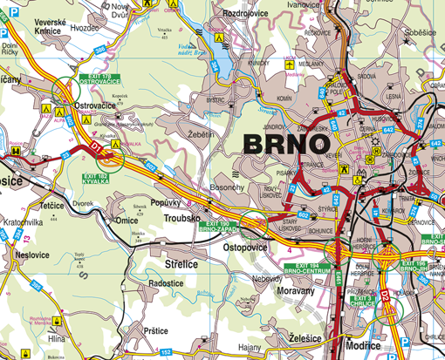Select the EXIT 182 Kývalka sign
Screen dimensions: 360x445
(96, 180)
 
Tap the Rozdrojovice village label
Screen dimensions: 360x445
(249, 15)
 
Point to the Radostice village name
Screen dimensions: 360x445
(172, 283)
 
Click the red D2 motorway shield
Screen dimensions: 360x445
(385, 295)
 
